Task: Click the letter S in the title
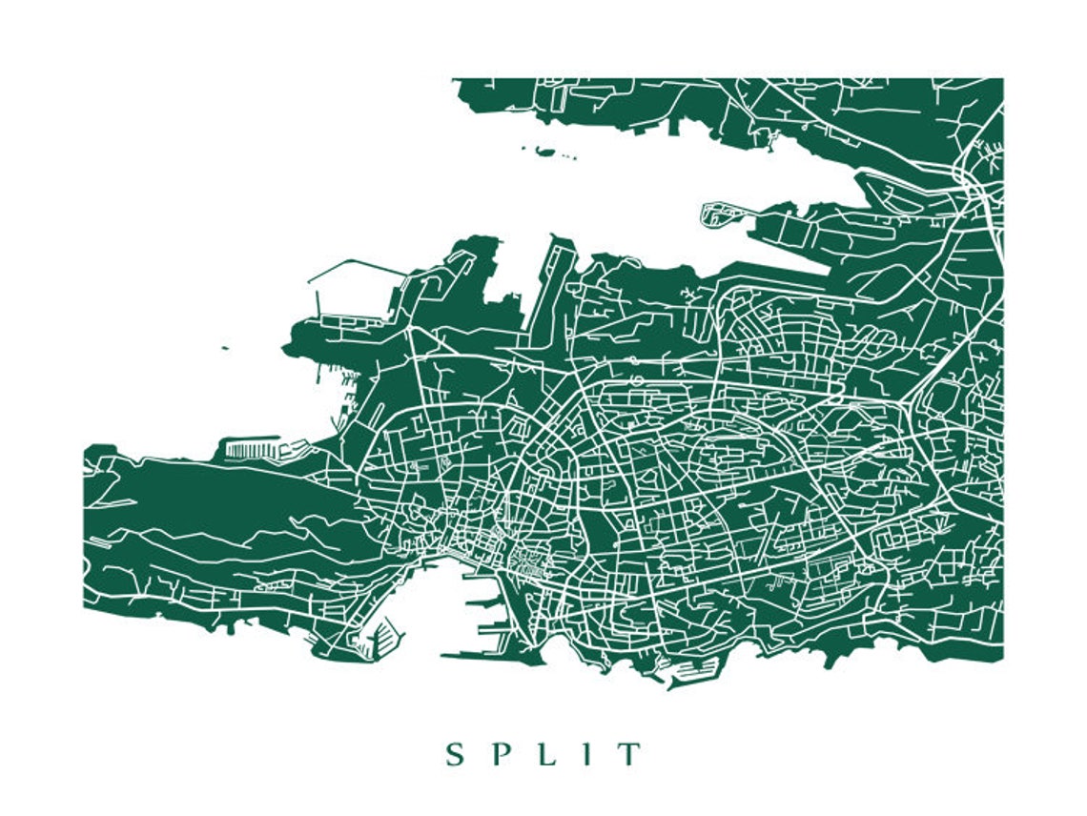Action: coord(455,755)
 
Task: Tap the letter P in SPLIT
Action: coord(500,755)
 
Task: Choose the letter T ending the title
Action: coord(629,755)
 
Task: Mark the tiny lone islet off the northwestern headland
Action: coord(225,348)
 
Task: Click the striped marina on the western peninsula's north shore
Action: coord(251,447)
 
